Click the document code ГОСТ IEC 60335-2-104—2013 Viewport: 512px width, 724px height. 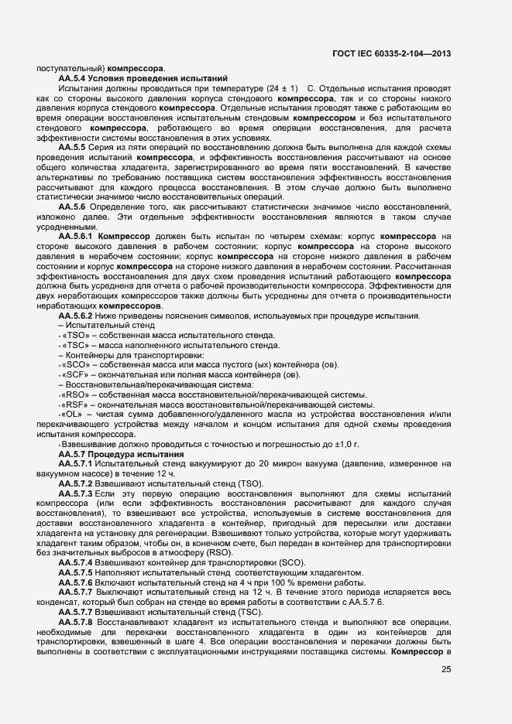393,55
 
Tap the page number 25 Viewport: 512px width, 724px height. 446,670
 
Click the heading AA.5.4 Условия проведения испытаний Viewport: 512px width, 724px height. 143,79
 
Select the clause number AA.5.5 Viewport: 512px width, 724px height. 73,147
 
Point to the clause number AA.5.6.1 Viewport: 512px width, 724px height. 76,234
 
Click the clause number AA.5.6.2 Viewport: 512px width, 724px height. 76,316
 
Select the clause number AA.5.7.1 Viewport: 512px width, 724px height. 76,463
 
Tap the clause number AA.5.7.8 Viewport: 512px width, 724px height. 76,621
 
